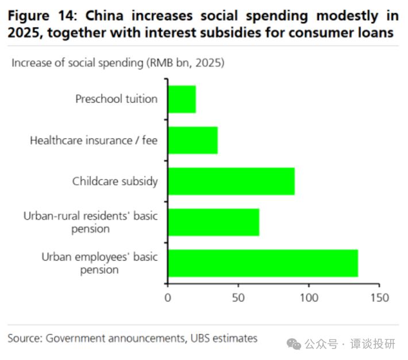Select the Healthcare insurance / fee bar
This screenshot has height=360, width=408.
tap(193, 140)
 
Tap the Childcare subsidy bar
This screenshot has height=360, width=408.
tap(231, 181)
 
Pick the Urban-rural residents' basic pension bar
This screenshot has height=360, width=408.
tap(213, 222)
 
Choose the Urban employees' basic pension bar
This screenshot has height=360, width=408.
tap(263, 264)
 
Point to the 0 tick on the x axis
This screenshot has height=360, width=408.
tap(168, 298)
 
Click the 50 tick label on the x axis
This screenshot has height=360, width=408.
tap(238, 298)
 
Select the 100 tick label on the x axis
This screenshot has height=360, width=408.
tap(309, 298)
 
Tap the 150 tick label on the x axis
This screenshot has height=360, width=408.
tap(379, 298)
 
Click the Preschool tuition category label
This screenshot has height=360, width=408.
tap(116, 99)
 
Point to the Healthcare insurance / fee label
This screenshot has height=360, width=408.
tap(94, 140)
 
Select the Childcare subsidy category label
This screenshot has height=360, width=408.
tap(115, 181)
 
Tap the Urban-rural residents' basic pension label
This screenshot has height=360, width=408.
tap(90, 222)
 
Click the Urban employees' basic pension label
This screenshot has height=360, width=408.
tap(99, 264)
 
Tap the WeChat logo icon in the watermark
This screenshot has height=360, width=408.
tap(294, 343)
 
